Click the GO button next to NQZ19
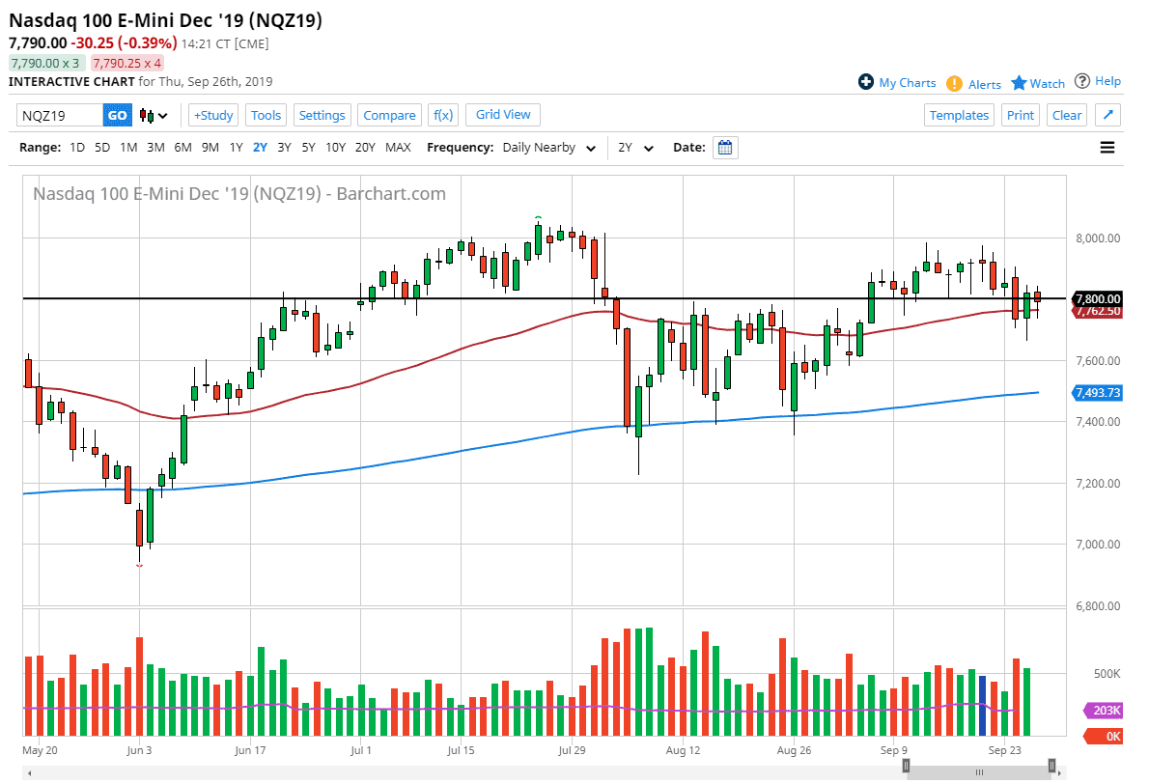click(117, 115)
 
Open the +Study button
click(213, 115)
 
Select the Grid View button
click(503, 114)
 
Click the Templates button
click(959, 115)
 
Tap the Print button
click(1020, 115)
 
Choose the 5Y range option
click(308, 148)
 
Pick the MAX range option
click(398, 148)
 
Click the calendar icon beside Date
click(725, 148)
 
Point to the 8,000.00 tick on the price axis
click(1099, 238)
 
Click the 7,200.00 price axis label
click(1099, 484)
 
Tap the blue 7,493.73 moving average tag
click(1098, 392)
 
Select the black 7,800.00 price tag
click(1098, 298)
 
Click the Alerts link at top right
click(984, 84)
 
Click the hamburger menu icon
click(1107, 148)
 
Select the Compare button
click(389, 115)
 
